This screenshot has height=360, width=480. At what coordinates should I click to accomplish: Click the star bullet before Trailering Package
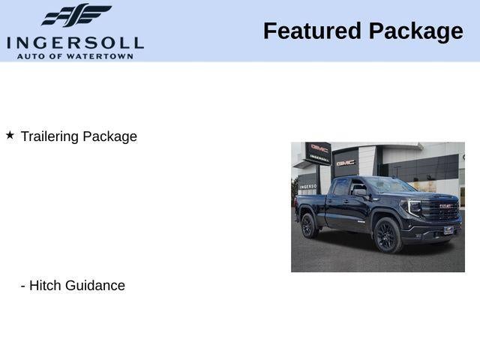pyautogui.click(x=10, y=135)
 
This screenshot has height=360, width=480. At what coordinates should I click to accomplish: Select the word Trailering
pyautogui.click(x=49, y=136)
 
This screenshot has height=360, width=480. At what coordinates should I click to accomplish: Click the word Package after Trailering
pyautogui.click(x=109, y=136)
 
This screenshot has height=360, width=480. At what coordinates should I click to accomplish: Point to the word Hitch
pyautogui.click(x=45, y=286)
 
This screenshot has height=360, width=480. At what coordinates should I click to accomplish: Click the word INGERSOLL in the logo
pyautogui.click(x=75, y=42)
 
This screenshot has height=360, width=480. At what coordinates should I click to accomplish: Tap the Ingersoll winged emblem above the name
pyautogui.click(x=76, y=16)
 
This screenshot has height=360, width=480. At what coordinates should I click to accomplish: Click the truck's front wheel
pyautogui.click(x=387, y=234)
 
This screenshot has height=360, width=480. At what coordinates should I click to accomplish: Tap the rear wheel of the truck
pyautogui.click(x=310, y=225)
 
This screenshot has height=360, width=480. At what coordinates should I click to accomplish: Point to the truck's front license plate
pyautogui.click(x=448, y=230)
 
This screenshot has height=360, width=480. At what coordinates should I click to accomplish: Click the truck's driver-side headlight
pyautogui.click(x=413, y=205)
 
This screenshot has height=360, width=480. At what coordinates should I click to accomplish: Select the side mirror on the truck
pyautogui.click(x=360, y=192)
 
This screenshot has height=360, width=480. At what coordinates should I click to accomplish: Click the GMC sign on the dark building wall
pyautogui.click(x=346, y=161)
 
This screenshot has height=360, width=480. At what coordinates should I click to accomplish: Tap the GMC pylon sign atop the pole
pyautogui.click(x=319, y=148)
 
